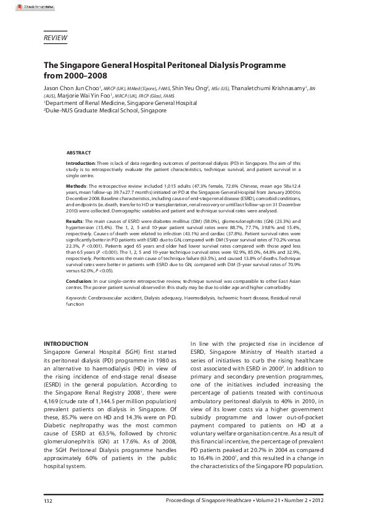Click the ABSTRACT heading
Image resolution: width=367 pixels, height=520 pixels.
(x=78, y=153)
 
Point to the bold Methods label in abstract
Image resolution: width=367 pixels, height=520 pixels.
(x=76, y=186)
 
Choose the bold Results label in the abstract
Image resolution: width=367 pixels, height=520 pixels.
(x=75, y=220)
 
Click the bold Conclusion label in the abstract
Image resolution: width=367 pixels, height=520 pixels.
(x=79, y=281)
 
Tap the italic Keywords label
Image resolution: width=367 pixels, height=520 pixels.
(x=77, y=298)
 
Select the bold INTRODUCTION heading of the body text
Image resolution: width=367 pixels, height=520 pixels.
(x=67, y=343)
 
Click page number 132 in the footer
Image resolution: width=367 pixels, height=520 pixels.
(x=47, y=499)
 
